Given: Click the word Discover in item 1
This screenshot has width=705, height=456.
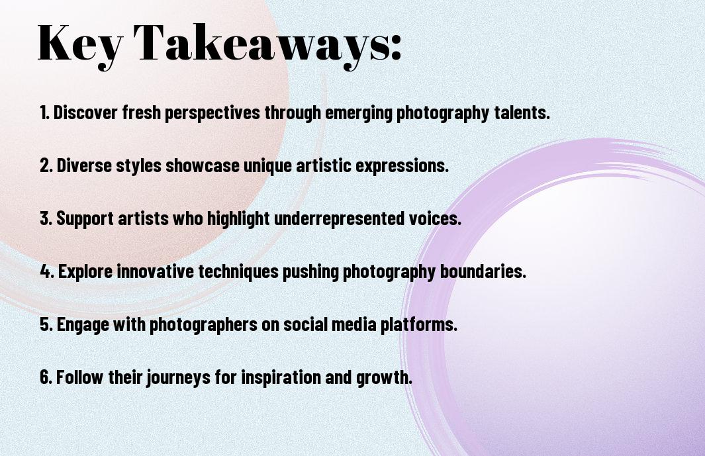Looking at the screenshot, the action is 85,113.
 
